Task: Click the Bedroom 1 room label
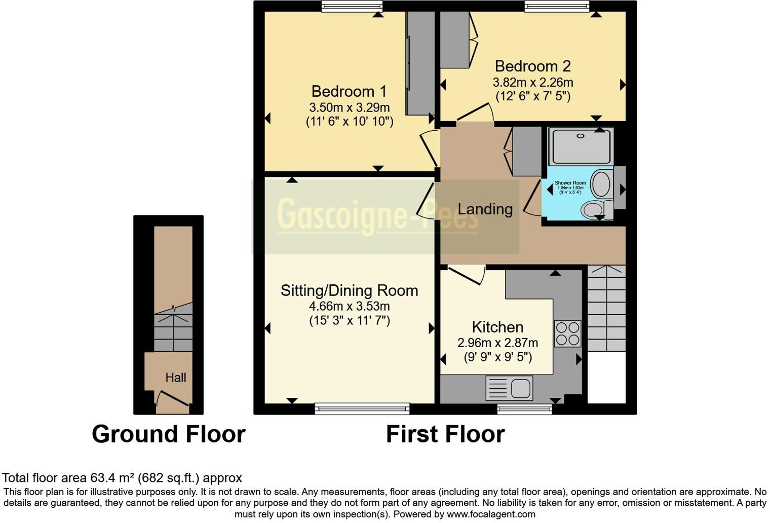349,91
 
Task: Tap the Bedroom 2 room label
532,66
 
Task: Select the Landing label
485,209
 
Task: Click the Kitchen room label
497,327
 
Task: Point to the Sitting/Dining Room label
349,290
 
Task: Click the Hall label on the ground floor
175,378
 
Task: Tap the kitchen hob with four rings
567,333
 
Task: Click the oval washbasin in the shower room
601,184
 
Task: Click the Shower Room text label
570,183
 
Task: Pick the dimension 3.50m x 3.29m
349,107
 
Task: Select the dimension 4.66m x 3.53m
349,306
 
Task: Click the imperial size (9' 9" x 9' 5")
497,357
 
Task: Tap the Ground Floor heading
168,434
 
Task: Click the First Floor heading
445,434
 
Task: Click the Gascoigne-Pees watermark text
377,215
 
